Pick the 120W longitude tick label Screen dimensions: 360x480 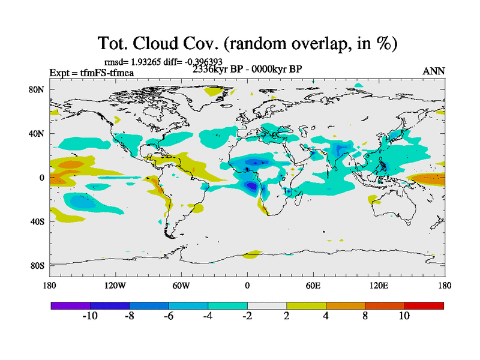tap(115, 286)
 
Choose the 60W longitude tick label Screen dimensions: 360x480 tap(181, 286)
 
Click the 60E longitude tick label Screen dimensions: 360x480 tap(313, 286)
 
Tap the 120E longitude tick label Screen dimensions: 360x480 tap(379, 286)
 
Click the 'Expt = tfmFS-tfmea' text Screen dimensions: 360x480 tap(91, 73)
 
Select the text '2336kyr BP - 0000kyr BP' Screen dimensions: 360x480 tap(247, 69)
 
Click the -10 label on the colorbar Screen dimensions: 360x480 tap(90, 316)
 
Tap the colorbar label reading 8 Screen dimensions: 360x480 tap(365, 316)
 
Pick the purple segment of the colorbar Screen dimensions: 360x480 tap(70, 305)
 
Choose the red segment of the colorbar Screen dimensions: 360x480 tap(424, 305)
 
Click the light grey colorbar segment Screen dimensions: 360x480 tap(267, 305)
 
